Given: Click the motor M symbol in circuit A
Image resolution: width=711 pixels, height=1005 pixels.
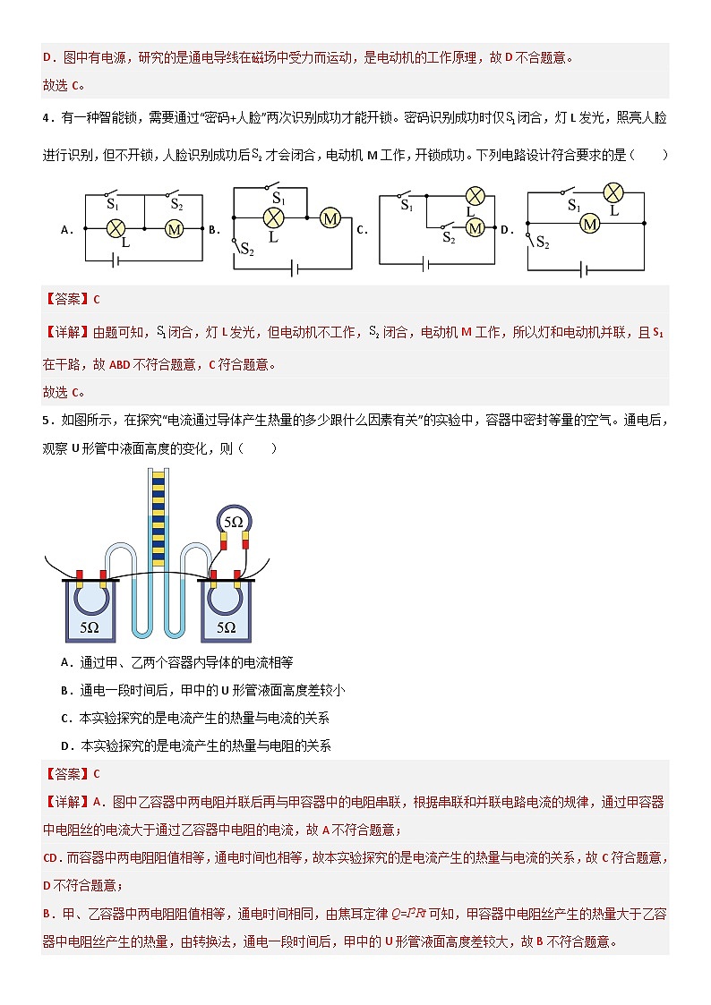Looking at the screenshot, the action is [x=175, y=229].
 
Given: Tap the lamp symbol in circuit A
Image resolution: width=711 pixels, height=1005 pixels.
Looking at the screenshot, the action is [x=115, y=229].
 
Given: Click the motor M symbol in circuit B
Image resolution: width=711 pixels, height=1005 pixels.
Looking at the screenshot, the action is [x=330, y=217].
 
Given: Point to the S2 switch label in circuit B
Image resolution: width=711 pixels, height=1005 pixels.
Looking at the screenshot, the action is [x=246, y=251].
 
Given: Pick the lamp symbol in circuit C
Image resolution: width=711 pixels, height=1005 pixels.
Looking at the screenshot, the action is [x=476, y=197].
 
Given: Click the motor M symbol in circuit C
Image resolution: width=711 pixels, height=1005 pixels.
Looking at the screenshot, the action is [x=475, y=228].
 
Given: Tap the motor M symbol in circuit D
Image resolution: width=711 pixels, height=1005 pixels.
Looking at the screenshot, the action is [x=589, y=224].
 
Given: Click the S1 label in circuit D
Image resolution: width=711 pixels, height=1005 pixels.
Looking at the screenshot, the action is [x=574, y=206].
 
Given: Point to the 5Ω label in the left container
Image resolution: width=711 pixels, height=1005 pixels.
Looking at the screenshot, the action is [x=90, y=627].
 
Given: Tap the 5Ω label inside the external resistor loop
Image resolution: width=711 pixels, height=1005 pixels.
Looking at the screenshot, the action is [x=233, y=521].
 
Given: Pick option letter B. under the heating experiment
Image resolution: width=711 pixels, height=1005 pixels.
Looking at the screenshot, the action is [x=65, y=690].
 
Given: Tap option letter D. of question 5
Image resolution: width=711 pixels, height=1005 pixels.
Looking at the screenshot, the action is [x=65, y=745].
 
